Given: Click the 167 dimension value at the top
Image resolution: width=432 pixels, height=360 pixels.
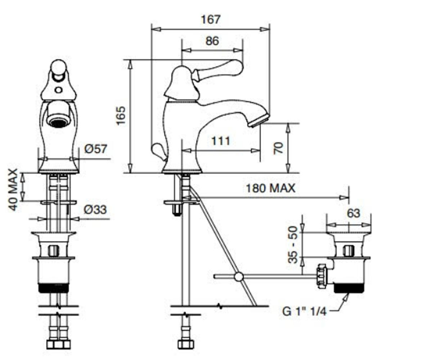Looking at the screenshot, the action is click(x=211, y=19).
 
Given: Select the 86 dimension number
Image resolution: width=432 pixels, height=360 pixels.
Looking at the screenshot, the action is click(x=212, y=41).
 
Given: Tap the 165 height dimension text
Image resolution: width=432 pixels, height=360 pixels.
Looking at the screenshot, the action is click(x=121, y=116).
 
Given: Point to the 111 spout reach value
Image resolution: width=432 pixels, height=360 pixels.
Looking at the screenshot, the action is click(x=221, y=141).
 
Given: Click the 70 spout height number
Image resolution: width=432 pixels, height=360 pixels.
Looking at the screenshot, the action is click(x=279, y=148).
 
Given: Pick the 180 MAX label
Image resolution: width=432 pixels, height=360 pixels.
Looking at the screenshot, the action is click(x=270, y=188).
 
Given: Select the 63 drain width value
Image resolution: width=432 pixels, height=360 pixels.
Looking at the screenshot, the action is click(x=354, y=213).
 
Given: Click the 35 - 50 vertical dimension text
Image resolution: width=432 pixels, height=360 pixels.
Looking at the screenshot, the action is click(x=293, y=245).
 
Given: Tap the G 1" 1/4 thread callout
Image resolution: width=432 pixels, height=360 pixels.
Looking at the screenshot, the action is click(x=304, y=312).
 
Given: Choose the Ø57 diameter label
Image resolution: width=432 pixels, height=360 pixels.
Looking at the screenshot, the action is click(x=96, y=149).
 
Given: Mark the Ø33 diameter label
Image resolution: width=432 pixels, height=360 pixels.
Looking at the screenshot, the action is click(x=95, y=210).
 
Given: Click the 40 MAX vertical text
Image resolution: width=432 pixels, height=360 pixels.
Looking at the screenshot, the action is click(x=13, y=190).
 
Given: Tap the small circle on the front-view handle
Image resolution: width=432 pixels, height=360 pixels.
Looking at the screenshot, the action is click(x=59, y=90).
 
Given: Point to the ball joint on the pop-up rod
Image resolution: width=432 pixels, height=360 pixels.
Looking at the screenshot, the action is click(x=239, y=276).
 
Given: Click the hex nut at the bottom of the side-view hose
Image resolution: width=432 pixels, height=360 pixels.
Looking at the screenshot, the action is click(x=186, y=344).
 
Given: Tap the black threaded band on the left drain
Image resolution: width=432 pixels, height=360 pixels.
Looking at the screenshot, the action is click(x=54, y=288).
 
